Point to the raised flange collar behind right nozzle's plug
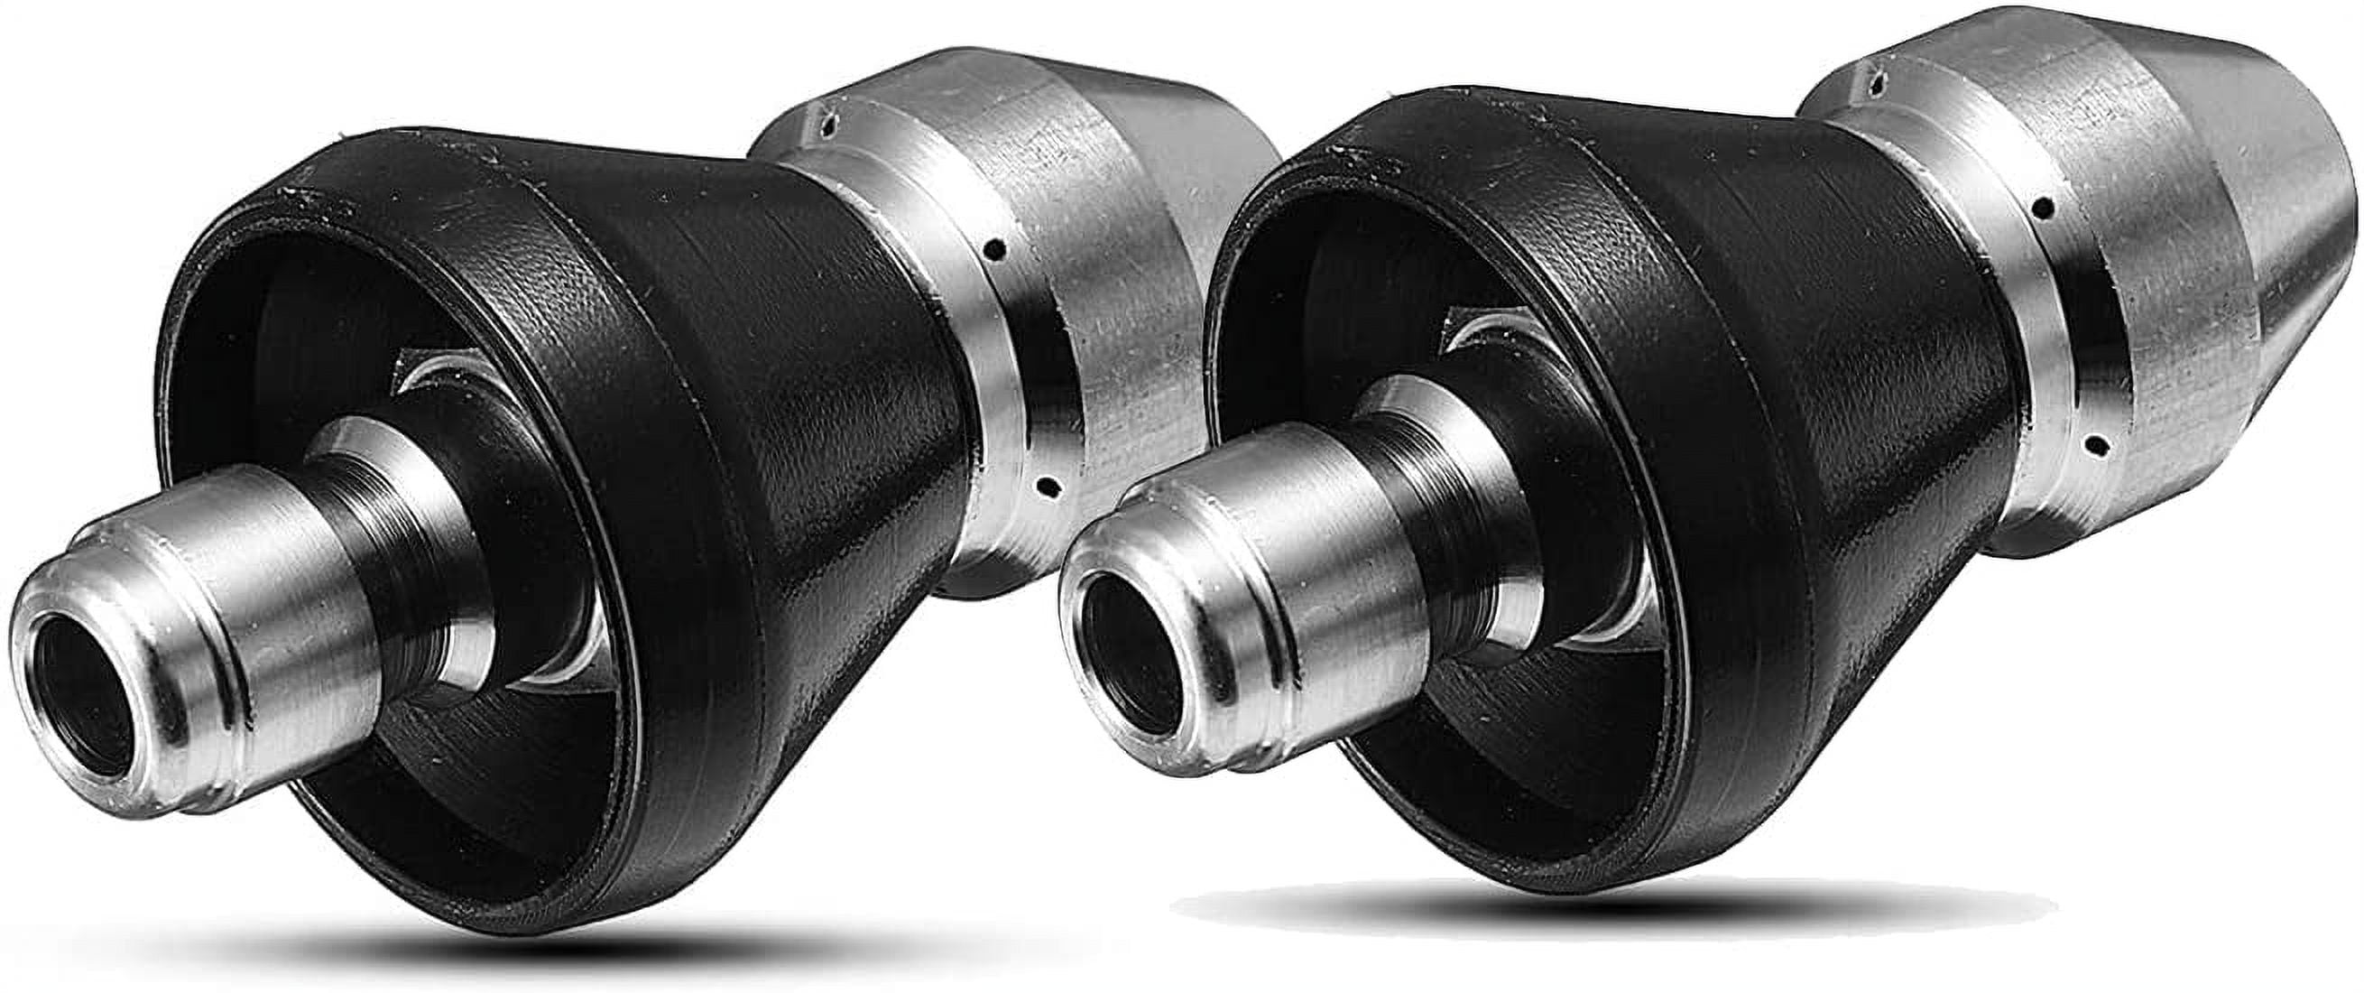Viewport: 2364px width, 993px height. click(x=1432, y=459)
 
